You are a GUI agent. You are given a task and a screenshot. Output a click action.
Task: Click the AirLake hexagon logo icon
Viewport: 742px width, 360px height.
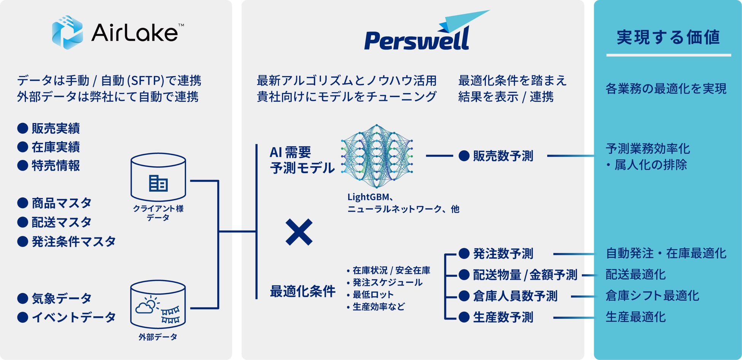coord(67,32)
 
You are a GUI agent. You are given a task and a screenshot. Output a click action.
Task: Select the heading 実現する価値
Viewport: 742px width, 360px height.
coord(668,38)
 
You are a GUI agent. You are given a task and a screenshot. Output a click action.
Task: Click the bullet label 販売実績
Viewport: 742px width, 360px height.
coord(56,129)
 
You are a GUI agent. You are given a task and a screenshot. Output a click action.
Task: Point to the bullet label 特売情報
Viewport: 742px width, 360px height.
coord(56,166)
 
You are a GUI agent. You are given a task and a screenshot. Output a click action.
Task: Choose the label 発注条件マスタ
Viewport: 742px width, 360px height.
coord(73,241)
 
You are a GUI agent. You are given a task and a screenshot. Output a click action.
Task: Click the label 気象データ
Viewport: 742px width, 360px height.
coord(61,298)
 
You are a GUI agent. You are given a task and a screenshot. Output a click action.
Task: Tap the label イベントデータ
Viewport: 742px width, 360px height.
coord(73,317)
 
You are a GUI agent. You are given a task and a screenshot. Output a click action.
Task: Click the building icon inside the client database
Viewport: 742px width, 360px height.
coord(158,183)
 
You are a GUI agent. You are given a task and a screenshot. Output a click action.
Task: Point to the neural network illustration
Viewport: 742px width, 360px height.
coord(377,156)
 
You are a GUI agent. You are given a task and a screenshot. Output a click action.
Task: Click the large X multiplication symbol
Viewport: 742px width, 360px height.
coord(299,232)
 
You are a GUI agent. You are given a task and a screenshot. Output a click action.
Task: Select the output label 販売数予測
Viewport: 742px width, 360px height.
coord(503,156)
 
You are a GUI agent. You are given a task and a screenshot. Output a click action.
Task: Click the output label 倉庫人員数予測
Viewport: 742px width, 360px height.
coord(515,296)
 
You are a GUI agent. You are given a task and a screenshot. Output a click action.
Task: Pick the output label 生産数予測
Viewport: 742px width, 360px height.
coord(503,317)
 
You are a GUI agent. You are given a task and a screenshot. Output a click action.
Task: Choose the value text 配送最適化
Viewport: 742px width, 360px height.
coord(635,274)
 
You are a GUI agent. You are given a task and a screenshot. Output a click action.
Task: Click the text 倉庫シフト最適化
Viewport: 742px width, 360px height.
coord(652,296)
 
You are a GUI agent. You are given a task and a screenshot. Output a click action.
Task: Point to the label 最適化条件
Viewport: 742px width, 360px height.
coord(303,292)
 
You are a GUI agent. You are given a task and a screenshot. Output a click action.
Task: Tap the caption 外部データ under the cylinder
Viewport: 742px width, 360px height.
coord(158,337)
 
